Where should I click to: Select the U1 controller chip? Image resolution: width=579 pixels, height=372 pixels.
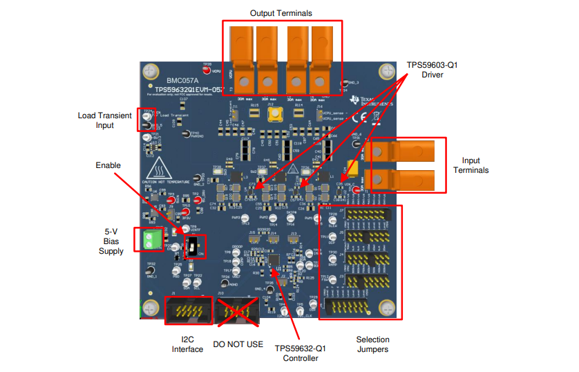click(281, 263)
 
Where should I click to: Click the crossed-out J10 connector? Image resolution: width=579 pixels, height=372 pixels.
click(238, 310)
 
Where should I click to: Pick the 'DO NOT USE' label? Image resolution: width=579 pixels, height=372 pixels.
click(238, 344)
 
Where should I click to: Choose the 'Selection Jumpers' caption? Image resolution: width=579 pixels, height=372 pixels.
click(372, 344)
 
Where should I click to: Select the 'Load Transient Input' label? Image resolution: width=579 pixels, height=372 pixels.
click(105, 120)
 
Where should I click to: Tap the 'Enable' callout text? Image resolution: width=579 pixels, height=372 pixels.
click(108, 165)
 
